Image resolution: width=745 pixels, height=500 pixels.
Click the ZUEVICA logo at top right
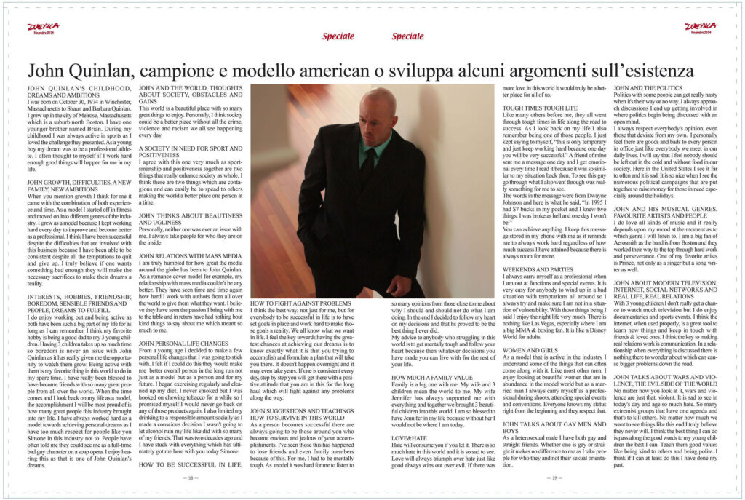[701, 27]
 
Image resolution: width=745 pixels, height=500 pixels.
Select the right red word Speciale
[407, 36]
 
